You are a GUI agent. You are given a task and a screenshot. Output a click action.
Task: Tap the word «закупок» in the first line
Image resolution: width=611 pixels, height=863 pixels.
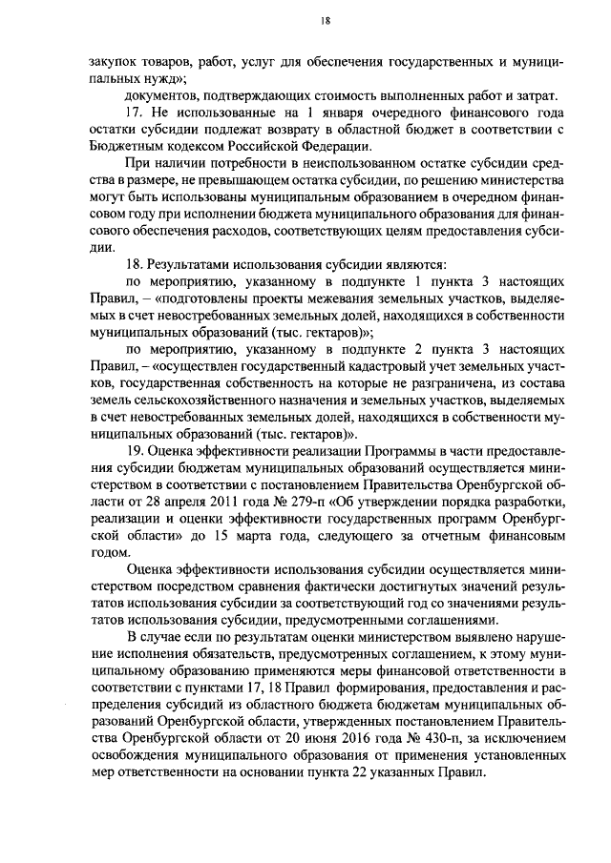102,59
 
